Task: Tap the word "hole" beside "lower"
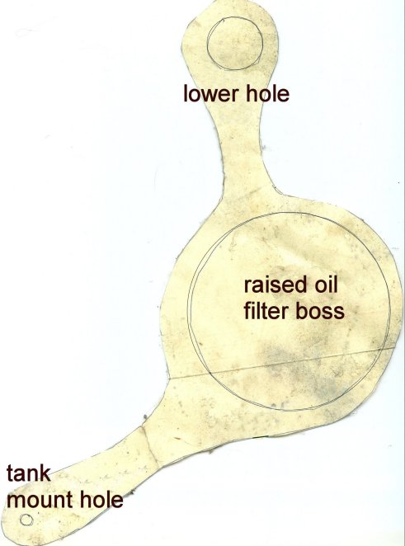tap(267, 94)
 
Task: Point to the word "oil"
tap(327, 285)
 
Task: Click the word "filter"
tap(266, 311)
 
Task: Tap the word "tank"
tap(29, 474)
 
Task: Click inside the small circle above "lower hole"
tap(234, 43)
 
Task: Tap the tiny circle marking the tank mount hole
tap(26, 520)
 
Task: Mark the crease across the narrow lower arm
tap(150, 446)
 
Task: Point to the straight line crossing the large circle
tap(281, 363)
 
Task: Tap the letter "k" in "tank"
tap(45, 474)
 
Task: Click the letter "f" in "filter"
tap(247, 311)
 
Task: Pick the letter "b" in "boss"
tap(301, 311)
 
